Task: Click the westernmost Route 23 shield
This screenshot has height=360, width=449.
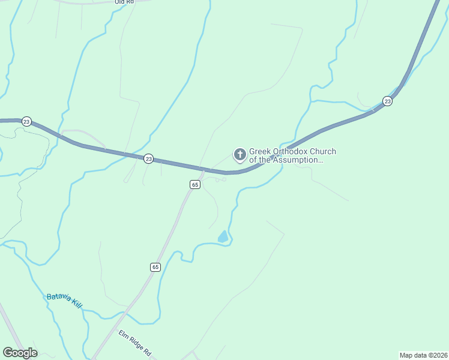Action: click(26, 121)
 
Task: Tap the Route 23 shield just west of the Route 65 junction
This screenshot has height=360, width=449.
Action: click(148, 158)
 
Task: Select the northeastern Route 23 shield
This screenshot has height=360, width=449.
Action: click(388, 101)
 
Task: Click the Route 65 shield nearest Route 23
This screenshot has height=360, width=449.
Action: click(194, 185)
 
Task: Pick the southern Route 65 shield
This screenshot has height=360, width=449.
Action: click(155, 267)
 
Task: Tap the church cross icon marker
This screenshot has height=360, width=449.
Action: click(240, 155)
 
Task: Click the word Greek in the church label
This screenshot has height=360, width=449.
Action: click(261, 152)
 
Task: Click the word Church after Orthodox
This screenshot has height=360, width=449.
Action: click(324, 152)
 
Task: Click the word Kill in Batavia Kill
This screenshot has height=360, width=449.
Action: click(77, 304)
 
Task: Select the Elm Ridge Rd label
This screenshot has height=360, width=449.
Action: click(134, 343)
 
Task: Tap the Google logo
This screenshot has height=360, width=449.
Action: click(20, 353)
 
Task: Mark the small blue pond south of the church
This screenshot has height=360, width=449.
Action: click(223, 237)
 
